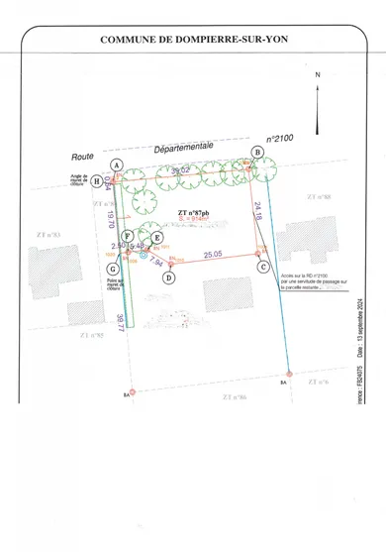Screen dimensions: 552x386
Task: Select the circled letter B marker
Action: pyautogui.click(x=257, y=152)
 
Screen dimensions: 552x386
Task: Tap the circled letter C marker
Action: pyautogui.click(x=263, y=267)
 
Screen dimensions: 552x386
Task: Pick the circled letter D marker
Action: pyautogui.click(x=169, y=278)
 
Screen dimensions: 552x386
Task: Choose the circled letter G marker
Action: pyautogui.click(x=114, y=269)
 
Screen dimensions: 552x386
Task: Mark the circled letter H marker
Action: pyautogui.click(x=97, y=181)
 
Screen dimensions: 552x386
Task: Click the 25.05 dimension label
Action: pyautogui.click(x=213, y=254)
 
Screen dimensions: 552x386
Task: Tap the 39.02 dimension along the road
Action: pyautogui.click(x=181, y=171)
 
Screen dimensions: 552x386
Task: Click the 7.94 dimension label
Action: pyautogui.click(x=155, y=262)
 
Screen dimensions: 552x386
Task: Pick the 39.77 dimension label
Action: pyautogui.click(x=120, y=324)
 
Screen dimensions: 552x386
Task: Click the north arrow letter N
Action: pyautogui.click(x=318, y=75)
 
